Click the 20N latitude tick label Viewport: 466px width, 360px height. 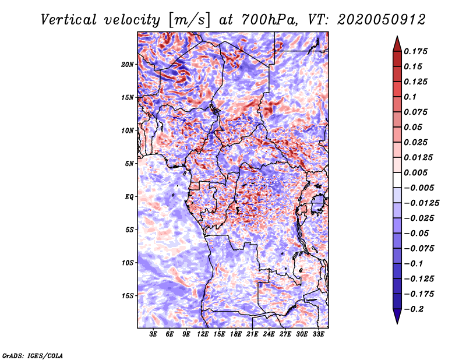128,65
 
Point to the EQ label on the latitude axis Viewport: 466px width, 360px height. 129,197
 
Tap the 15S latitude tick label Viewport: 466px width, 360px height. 128,296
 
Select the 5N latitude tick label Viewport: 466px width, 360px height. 129,164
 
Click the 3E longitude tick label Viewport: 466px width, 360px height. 153,334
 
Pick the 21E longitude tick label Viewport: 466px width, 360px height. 252,334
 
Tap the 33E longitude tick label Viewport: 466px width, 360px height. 318,334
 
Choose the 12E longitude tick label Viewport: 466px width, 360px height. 203,334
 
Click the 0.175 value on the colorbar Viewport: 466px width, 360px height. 415,51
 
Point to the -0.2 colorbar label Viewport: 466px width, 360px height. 414,309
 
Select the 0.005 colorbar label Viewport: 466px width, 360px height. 415,172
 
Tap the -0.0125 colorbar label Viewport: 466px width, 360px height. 421,203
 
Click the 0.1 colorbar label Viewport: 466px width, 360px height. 410,97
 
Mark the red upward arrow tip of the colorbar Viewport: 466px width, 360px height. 397,37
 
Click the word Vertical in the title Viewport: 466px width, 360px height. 68,20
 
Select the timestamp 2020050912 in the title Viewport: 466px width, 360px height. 382,20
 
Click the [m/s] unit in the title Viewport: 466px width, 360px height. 189,20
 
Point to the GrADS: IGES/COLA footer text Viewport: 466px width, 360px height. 33,355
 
